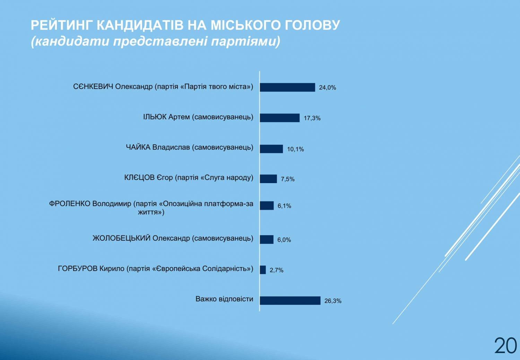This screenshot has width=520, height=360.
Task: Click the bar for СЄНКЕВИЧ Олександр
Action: pyautogui.click(x=287, y=87)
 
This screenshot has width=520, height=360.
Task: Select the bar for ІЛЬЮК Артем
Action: pyautogui.click(x=280, y=118)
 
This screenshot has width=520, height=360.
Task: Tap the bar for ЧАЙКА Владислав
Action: pyautogui.click(x=271, y=149)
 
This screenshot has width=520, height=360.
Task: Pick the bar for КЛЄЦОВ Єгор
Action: pyautogui.click(x=268, y=179)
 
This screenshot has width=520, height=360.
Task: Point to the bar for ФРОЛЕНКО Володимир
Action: pyautogui.click(x=267, y=206)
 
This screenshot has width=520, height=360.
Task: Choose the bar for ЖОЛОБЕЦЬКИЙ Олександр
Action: pyautogui.click(x=267, y=239)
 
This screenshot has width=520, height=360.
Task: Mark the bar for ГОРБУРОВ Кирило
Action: pyautogui.click(x=263, y=270)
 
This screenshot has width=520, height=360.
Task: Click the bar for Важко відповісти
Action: pyautogui.click(x=290, y=301)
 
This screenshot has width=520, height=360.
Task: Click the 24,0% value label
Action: pyautogui.click(x=327, y=87)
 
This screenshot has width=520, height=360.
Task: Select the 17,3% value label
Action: pyautogui.click(x=312, y=118)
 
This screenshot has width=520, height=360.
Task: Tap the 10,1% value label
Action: pyautogui.click(x=295, y=149)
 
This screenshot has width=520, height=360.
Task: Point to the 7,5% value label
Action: pyautogui.click(x=288, y=179)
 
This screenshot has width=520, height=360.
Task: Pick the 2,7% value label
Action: pyautogui.click(x=277, y=270)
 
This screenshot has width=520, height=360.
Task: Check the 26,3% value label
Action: pyautogui.click(x=333, y=301)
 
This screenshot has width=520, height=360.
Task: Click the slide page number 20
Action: pyautogui.click(x=505, y=345)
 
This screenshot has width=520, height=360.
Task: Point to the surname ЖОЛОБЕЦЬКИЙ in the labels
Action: pyautogui.click(x=121, y=238)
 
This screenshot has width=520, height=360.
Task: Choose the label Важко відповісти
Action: pyautogui.click(x=224, y=299)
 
